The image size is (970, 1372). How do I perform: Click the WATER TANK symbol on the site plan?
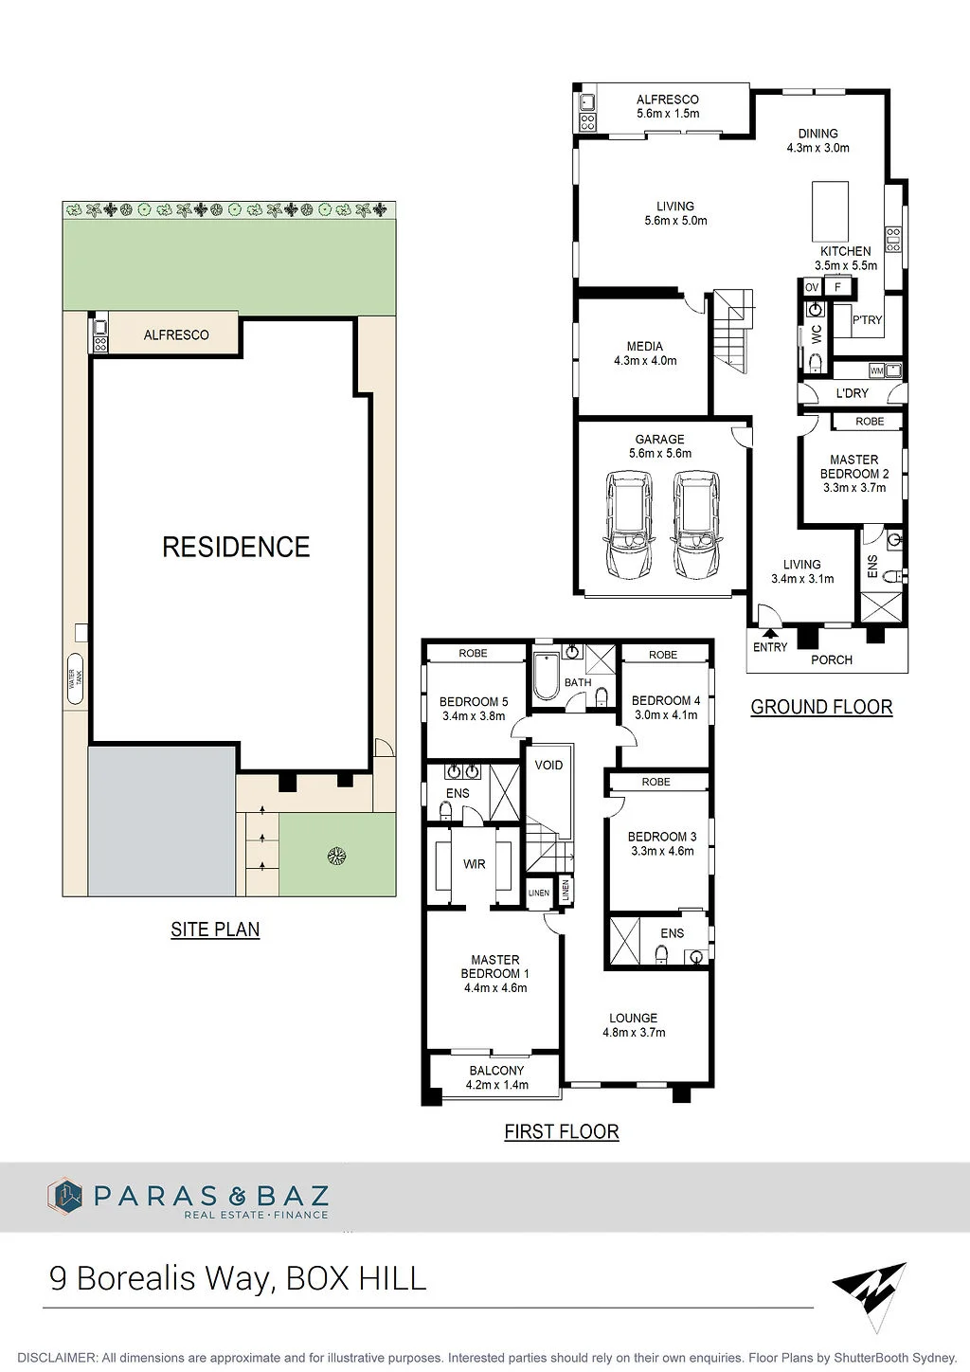[x=76, y=678]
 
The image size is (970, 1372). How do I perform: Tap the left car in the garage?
[x=628, y=524]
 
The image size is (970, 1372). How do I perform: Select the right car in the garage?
[x=695, y=524]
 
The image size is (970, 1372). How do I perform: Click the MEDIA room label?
[x=645, y=346]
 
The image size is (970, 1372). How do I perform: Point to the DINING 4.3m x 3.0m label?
[x=818, y=140]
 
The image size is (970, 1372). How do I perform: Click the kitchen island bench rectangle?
[x=831, y=211]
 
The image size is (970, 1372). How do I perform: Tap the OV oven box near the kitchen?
[x=812, y=287]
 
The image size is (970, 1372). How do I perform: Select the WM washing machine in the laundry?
[x=875, y=370]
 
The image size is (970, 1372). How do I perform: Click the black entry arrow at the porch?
[x=770, y=633]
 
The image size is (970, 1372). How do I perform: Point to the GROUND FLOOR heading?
[x=821, y=707]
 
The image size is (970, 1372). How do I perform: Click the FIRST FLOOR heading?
[x=562, y=1131]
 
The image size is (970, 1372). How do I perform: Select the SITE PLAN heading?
[x=215, y=930]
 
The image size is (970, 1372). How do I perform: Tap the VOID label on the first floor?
[x=548, y=765]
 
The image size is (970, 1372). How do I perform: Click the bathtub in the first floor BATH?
[x=545, y=677]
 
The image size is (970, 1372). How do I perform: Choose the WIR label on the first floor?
[x=474, y=864]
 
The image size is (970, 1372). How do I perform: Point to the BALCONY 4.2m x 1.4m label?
[x=496, y=1077]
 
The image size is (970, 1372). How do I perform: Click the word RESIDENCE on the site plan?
[x=236, y=547]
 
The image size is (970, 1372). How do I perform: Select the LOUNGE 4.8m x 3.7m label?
[x=634, y=1024]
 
